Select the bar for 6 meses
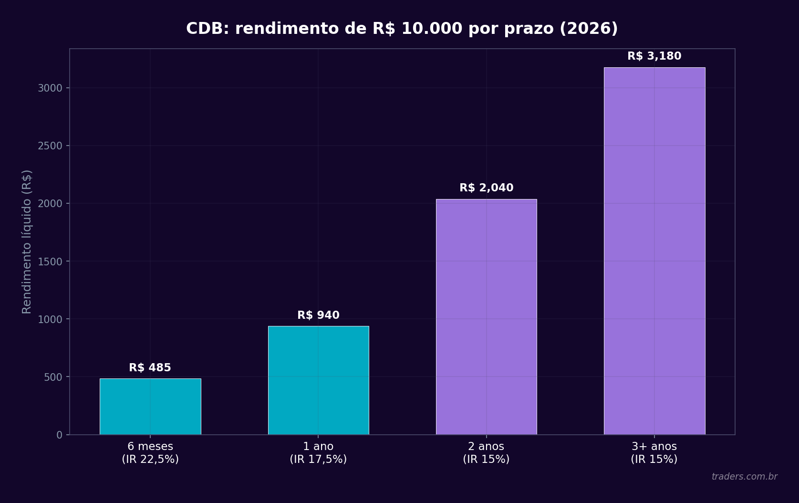[x=150, y=406]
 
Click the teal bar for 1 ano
[x=318, y=380]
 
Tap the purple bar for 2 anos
[x=486, y=316]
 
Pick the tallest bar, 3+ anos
[x=654, y=251]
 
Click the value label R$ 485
[x=150, y=368]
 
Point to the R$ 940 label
[x=318, y=315]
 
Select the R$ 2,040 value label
[x=486, y=188]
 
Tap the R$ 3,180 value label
[x=654, y=56]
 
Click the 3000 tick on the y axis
[x=50, y=88]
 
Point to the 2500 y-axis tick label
[x=50, y=146]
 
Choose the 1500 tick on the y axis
[x=50, y=262]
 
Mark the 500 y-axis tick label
[x=53, y=377]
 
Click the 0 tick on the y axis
[x=59, y=435]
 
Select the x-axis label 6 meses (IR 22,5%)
[x=150, y=453]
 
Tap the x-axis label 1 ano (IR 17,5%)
[x=318, y=453]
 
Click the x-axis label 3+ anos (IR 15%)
[x=654, y=453]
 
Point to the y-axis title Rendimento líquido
[x=27, y=241]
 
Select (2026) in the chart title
[x=589, y=29]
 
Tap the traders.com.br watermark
[x=744, y=477]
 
